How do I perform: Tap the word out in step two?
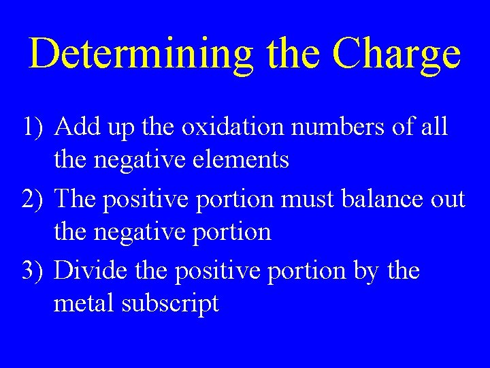pos(450,200)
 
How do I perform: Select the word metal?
pos(84,303)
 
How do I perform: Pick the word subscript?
pos(170,305)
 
